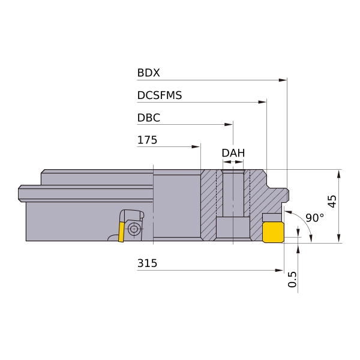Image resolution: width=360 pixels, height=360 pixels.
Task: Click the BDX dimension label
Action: (x=148, y=73)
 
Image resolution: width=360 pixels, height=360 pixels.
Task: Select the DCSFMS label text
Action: (x=160, y=95)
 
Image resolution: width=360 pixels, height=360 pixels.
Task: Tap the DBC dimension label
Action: (x=149, y=118)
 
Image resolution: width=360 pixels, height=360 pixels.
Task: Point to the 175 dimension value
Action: (x=147, y=140)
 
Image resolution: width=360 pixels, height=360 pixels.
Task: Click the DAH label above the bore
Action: (x=233, y=153)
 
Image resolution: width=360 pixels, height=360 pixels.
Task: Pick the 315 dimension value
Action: (x=147, y=263)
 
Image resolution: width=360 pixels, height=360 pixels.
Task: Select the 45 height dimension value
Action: (x=332, y=202)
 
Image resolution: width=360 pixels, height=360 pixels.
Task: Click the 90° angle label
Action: (x=315, y=218)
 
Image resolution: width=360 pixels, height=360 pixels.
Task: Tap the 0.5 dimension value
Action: (x=292, y=280)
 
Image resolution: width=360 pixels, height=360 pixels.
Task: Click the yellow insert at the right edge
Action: (x=273, y=232)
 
